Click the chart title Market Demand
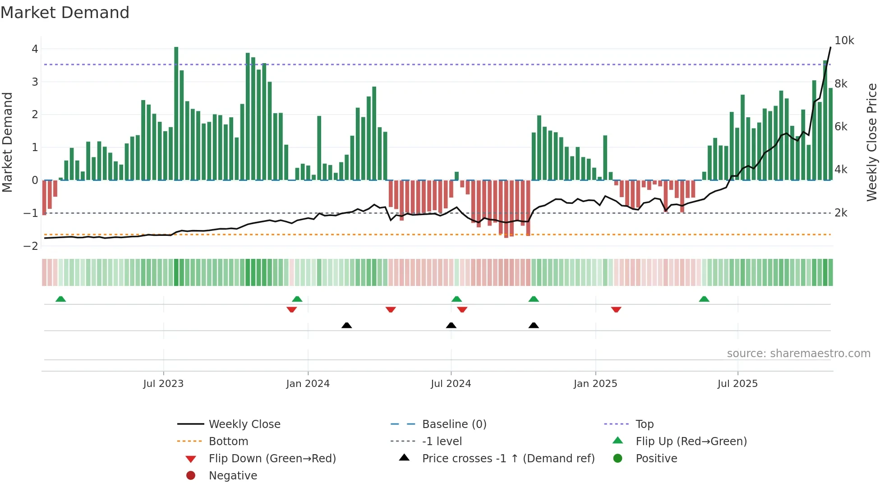click(x=65, y=13)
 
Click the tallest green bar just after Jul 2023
click(x=176, y=113)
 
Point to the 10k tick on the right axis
click(x=844, y=41)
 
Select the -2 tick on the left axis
click(x=31, y=246)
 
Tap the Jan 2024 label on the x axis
click(x=308, y=384)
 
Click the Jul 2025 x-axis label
click(x=737, y=384)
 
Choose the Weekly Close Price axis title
click(x=872, y=142)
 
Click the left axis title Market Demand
click(x=7, y=142)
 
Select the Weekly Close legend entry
click(x=244, y=424)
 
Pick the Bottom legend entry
click(x=228, y=442)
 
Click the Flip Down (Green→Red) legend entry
click(x=272, y=459)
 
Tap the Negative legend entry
click(x=233, y=476)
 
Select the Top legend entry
click(x=644, y=424)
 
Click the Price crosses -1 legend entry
click(x=508, y=459)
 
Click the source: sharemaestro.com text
click(x=798, y=354)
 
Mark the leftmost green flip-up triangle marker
click(x=60, y=299)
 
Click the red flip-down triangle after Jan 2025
click(x=616, y=309)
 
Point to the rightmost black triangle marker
click(x=534, y=325)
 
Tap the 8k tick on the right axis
click(x=841, y=84)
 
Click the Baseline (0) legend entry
click(x=454, y=424)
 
